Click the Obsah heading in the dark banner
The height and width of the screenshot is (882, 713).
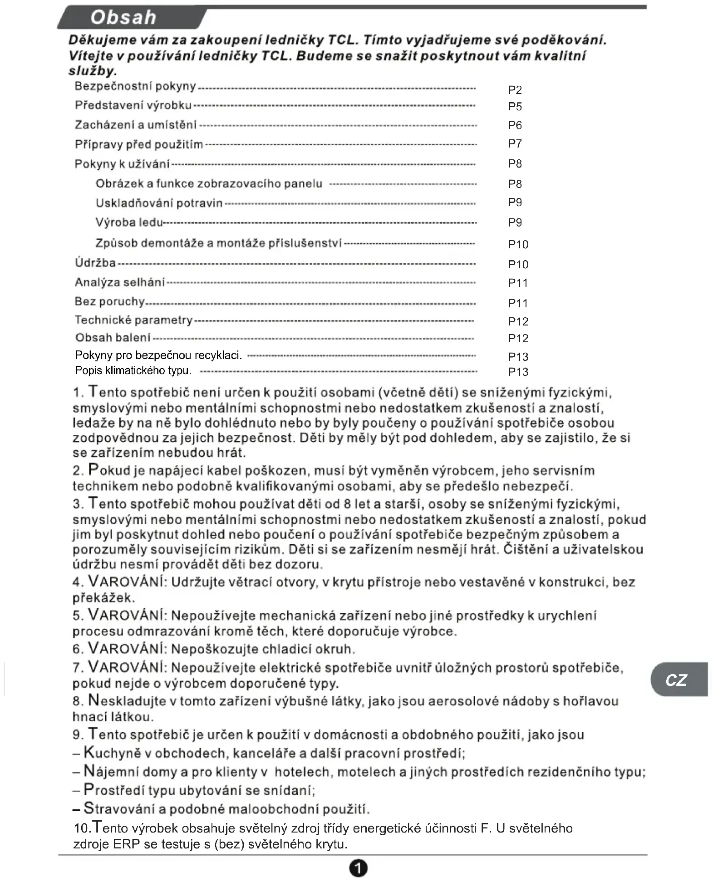pyautogui.click(x=123, y=17)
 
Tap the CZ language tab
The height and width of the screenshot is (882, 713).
pyautogui.click(x=676, y=680)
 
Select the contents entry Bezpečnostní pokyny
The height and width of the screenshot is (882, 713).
pyautogui.click(x=135, y=86)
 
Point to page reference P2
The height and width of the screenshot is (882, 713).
pyautogui.click(x=515, y=90)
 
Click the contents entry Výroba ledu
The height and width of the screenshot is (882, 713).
pyautogui.click(x=129, y=222)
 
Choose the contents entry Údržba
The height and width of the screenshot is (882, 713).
pyautogui.click(x=95, y=263)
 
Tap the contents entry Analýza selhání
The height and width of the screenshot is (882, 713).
pyautogui.click(x=120, y=282)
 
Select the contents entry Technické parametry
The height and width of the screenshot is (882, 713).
pyautogui.click(x=133, y=320)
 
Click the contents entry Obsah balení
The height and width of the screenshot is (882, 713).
pyautogui.click(x=113, y=338)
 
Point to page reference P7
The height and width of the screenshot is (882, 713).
pyautogui.click(x=515, y=144)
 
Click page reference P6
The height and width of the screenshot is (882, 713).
pyautogui.click(x=515, y=125)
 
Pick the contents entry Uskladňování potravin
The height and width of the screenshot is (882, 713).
pyautogui.click(x=159, y=203)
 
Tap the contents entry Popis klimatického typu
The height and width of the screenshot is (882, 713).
pyautogui.click(x=133, y=370)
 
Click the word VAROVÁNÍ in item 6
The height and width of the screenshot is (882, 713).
pyautogui.click(x=128, y=648)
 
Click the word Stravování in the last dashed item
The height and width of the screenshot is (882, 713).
pyautogui.click(x=120, y=809)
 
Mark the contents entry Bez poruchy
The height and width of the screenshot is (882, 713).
pyautogui.click(x=109, y=301)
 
